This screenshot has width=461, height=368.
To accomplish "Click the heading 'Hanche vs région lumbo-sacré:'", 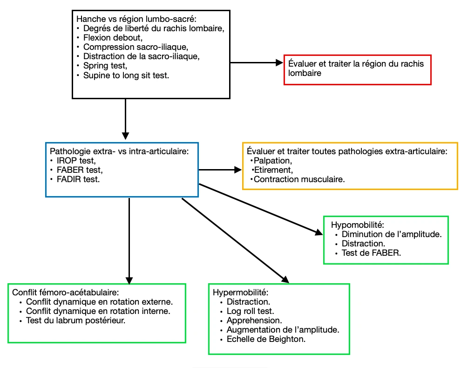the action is click(136, 19).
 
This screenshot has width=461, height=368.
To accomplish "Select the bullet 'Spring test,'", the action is click(105, 66).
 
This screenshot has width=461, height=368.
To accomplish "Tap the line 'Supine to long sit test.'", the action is click(126, 75).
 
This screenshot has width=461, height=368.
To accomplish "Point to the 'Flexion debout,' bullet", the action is click(113, 38).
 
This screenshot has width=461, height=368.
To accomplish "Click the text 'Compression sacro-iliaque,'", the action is click(136, 47).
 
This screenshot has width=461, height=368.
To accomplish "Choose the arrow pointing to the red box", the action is click(257, 63).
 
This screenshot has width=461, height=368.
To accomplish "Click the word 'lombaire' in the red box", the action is click(305, 73).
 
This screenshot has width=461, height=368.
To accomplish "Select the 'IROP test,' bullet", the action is click(76, 161).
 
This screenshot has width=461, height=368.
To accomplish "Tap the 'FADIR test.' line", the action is click(78, 179).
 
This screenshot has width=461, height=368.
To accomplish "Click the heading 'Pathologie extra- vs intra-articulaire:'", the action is click(119, 151).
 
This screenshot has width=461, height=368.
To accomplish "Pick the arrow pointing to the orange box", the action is click(220, 170).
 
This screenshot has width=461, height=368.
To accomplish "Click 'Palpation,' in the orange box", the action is click(273, 161).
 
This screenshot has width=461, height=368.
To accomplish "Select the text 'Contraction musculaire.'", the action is click(299, 179).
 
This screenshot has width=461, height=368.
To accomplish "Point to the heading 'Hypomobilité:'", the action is click(358, 225).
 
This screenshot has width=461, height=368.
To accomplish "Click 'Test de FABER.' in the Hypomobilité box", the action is click(371, 253).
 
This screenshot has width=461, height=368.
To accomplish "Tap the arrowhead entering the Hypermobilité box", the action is click(286, 280).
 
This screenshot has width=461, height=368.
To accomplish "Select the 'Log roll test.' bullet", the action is click(250, 311).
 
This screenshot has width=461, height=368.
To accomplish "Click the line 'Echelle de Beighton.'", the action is click(266, 339).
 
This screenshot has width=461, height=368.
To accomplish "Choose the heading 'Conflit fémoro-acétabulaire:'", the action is click(66, 293).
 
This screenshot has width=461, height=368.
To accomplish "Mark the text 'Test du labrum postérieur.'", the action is click(75, 320).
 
